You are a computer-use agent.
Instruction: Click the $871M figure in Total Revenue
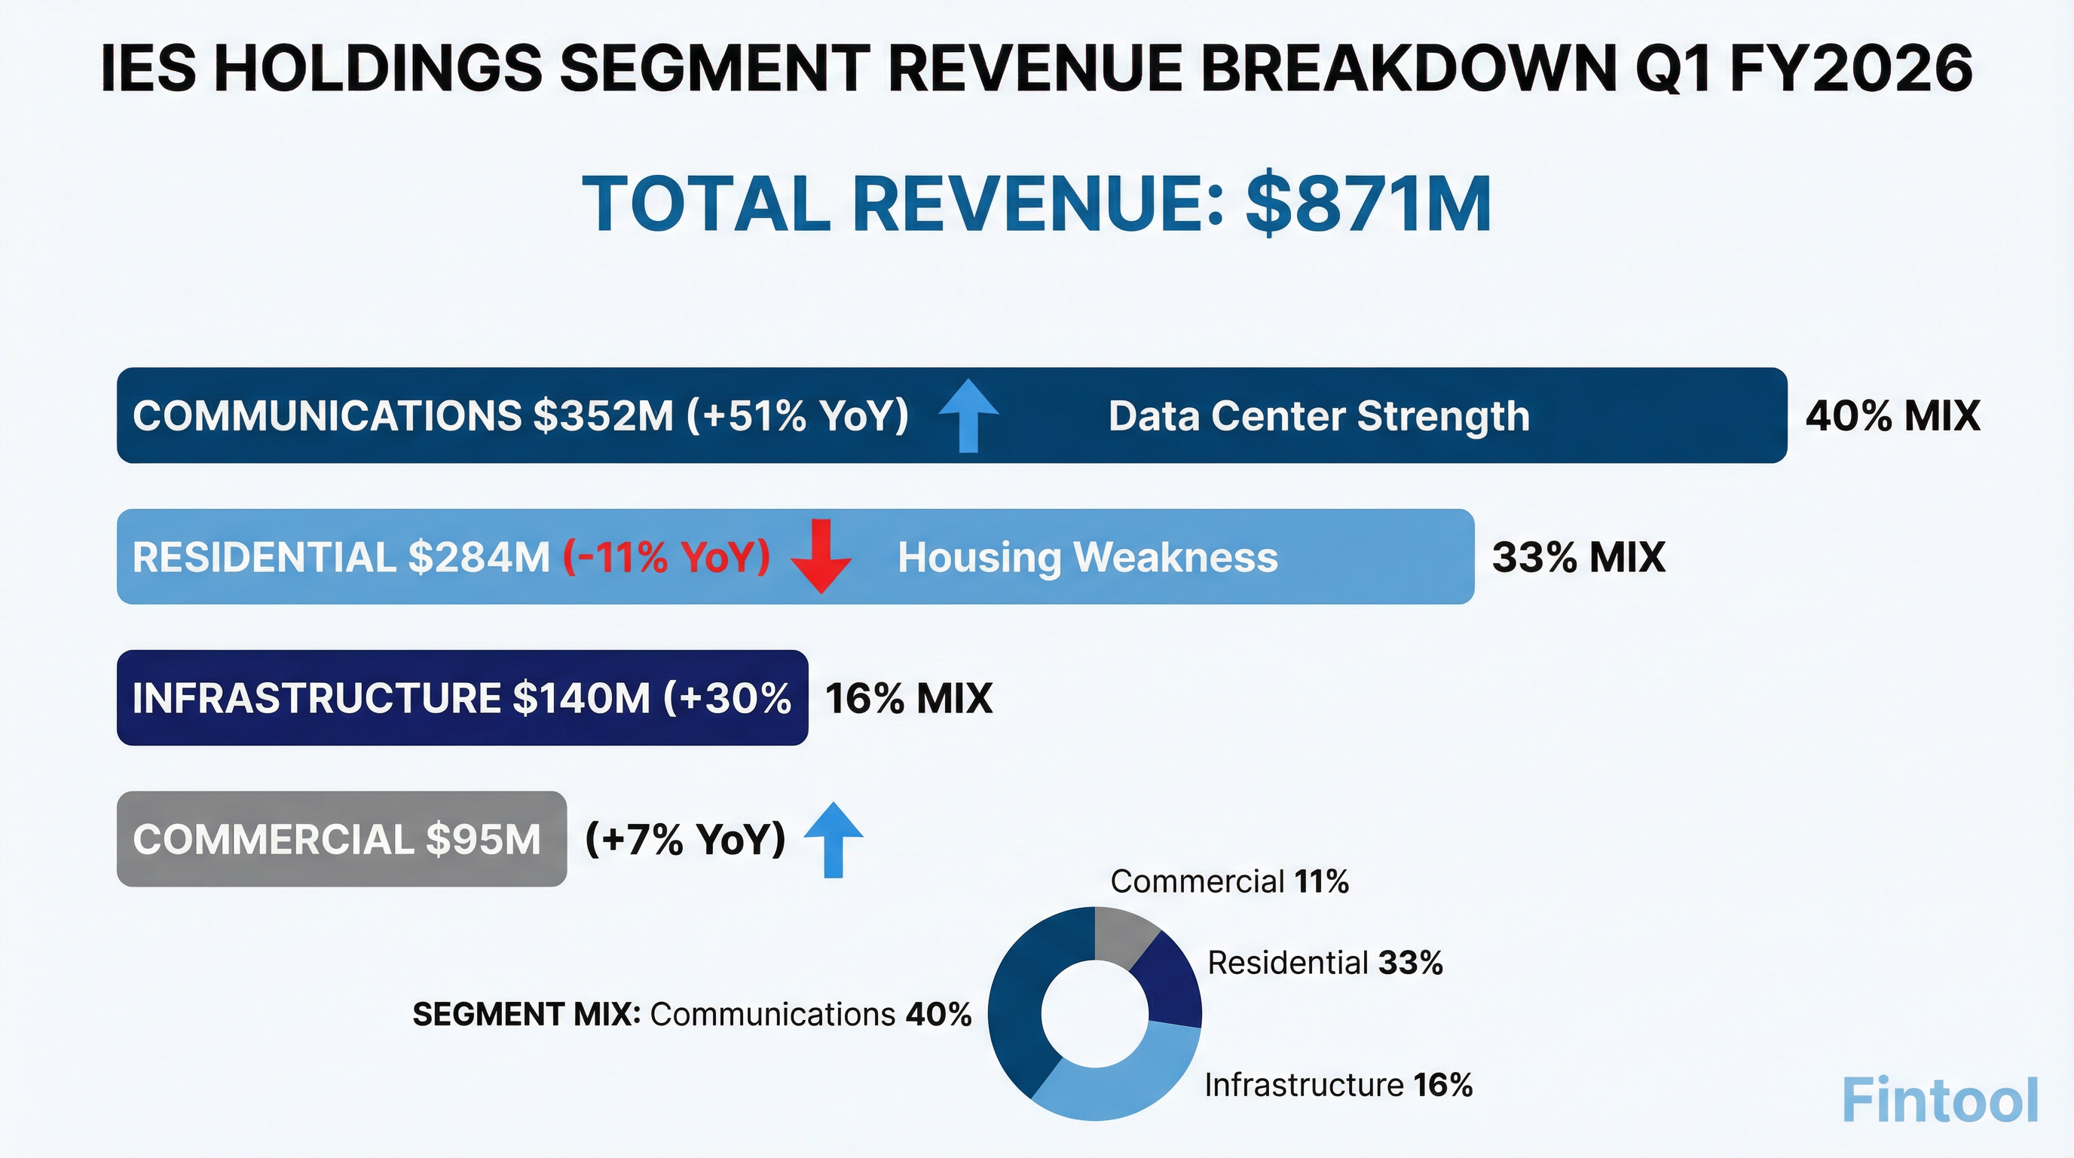pos(1368,204)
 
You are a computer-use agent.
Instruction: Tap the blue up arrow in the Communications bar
pos(968,415)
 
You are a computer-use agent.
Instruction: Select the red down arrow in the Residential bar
pos(821,556)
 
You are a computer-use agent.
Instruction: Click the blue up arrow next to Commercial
pos(834,839)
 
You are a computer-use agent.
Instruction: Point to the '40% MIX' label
pos(1892,416)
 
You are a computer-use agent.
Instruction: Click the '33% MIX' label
pos(1578,557)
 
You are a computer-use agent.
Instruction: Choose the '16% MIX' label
pos(908,698)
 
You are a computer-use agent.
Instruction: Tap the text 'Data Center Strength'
pos(1318,416)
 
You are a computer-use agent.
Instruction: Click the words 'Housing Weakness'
pos(1087,557)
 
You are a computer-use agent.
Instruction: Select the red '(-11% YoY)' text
pos(666,557)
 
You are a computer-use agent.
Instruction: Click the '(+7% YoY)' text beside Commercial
pos(685,839)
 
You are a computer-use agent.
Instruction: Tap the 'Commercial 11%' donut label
pos(1228,882)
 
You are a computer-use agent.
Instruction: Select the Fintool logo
pos(1940,1100)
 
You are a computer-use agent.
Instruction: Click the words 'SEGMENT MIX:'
pos(527,1015)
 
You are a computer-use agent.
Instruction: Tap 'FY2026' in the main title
pos(1851,69)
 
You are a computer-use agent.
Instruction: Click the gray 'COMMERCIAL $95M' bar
pos(341,839)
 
